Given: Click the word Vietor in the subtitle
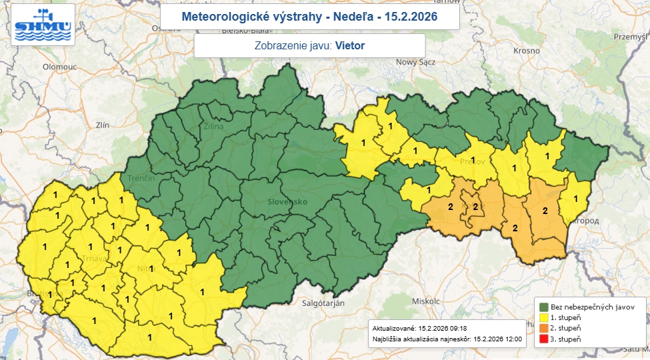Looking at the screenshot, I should pyautogui.click(x=350, y=46).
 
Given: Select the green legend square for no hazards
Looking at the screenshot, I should pyautogui.click(x=543, y=306).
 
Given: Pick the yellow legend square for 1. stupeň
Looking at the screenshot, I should pyautogui.click(x=543, y=317).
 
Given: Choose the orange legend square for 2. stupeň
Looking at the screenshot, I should pyautogui.click(x=543, y=329).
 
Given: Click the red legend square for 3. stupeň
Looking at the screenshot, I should pyautogui.click(x=543, y=340).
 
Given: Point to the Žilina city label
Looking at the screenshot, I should pyautogui.click(x=215, y=126).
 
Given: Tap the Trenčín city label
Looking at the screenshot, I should pyautogui.click(x=141, y=179).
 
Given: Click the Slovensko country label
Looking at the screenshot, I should pyautogui.click(x=287, y=201).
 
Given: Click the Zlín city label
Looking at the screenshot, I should pyautogui.click(x=102, y=125).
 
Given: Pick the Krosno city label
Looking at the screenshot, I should pyautogui.click(x=526, y=51).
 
